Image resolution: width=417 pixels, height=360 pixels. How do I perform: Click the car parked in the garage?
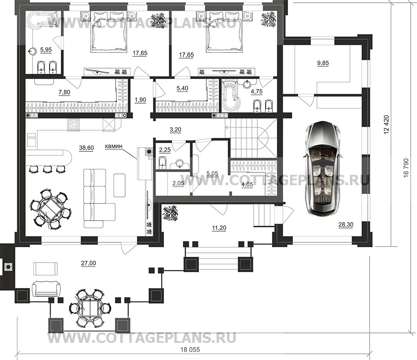pos(322,167)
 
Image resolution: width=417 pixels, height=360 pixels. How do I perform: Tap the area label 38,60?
pos(86,148)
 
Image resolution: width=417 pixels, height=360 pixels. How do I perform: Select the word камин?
pos(113,146)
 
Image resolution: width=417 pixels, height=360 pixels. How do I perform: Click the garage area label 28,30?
pos(346,224)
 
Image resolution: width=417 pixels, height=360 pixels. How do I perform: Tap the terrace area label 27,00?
pos(89,263)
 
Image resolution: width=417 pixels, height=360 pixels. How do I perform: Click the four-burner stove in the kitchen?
pos(74,124)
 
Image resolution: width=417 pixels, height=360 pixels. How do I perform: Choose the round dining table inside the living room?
pos(50,209)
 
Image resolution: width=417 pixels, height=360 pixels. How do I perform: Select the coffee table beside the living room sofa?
pos(120,185)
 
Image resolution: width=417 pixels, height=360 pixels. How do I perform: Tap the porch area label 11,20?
pos(219,228)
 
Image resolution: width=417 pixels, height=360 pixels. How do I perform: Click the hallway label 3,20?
pos(175,130)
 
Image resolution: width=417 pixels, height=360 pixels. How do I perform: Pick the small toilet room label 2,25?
pos(165,150)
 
